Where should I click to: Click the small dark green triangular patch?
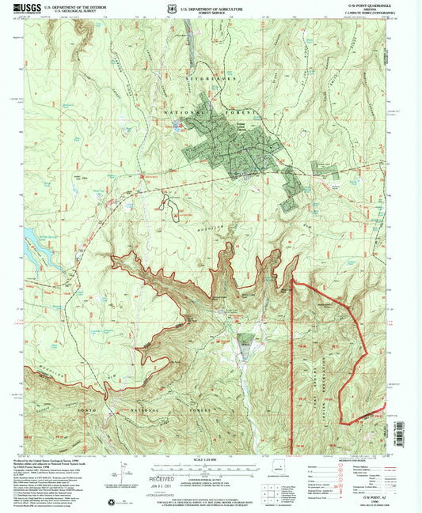(x=245, y=342)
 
